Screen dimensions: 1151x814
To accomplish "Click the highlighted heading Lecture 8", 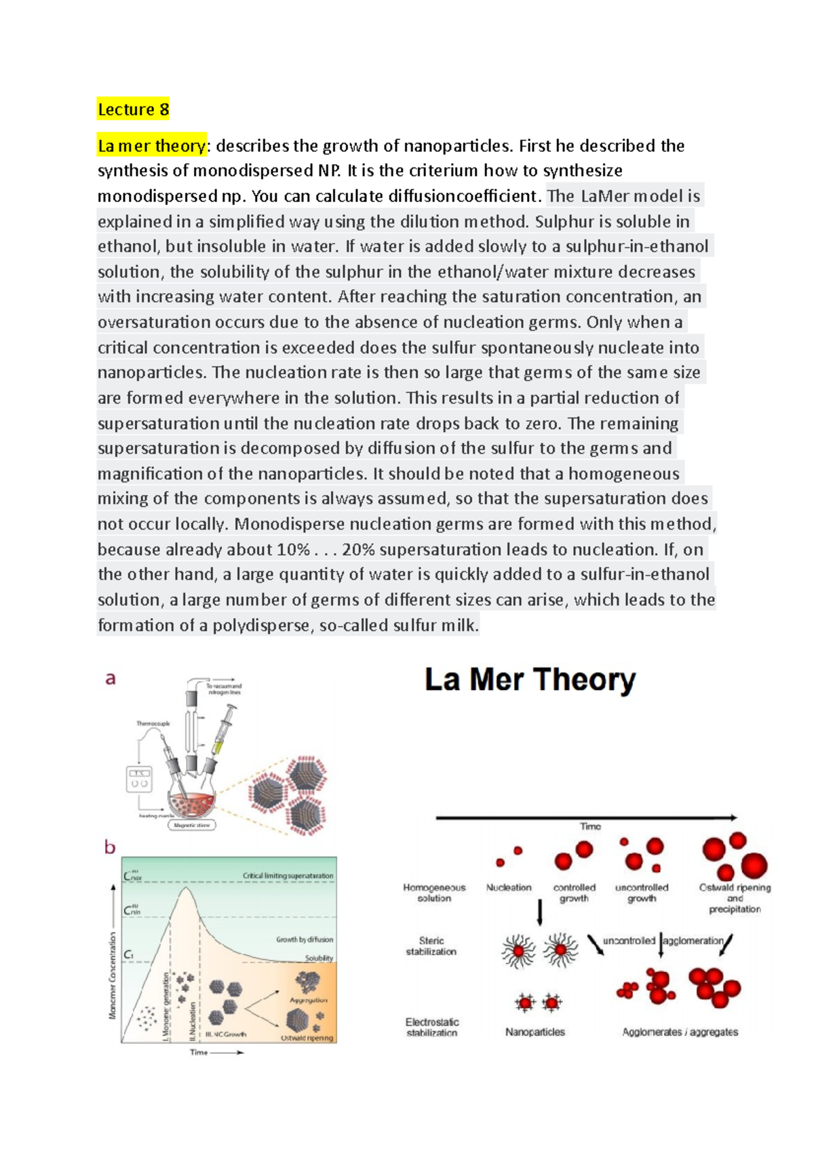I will pos(133,109).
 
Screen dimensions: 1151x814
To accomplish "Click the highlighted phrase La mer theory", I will pos(151,146).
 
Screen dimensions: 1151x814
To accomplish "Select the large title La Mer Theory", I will pos(530,680).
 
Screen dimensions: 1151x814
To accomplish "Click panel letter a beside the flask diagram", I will pos(110,678).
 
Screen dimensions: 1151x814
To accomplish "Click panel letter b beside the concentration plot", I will pos(110,847).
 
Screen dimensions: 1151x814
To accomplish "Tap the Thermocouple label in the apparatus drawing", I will pos(153,723).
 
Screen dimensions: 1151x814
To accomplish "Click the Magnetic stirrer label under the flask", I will pos(193,825).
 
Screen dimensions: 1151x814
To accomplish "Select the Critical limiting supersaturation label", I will pos(288,876).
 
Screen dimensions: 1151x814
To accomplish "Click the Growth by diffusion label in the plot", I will pos(304,940).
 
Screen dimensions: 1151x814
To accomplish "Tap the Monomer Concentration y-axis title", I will pos(113,975).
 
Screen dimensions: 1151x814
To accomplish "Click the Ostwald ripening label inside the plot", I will pos(307,1038).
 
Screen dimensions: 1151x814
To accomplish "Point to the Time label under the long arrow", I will pos(590,826).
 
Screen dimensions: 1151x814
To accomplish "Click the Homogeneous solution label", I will pos(434,892).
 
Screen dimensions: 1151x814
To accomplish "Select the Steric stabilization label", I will pos(431,946).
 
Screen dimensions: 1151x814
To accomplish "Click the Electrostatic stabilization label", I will pos(432,1027).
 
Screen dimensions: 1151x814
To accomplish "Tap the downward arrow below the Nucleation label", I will pos(540,912).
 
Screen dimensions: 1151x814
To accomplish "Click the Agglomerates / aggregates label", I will pos(680,1032).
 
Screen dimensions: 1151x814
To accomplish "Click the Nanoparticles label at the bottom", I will pos(535,1032).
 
